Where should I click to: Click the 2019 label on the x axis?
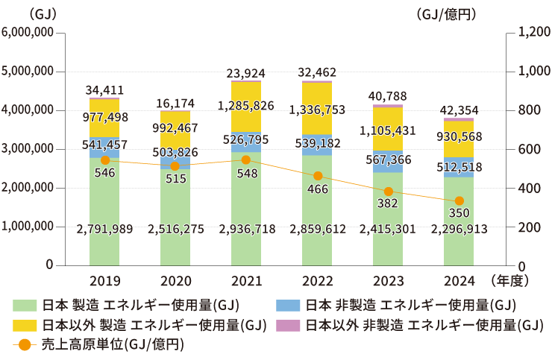[104, 281]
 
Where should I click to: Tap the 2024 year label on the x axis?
[459, 281]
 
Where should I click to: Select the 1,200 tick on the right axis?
[532, 33]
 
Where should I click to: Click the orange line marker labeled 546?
[105, 160]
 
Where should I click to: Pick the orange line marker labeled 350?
[460, 200]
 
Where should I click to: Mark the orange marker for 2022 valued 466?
[318, 176]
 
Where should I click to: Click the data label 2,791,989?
[105, 229]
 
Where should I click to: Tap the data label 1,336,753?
[317, 110]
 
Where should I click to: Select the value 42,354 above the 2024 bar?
[460, 107]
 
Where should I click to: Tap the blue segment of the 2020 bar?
[175, 162]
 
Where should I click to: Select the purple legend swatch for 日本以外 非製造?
[288, 325]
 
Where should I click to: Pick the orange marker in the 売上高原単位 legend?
[24, 345]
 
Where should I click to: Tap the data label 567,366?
[388, 160]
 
